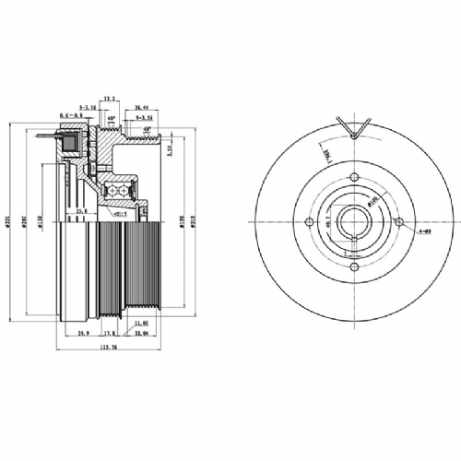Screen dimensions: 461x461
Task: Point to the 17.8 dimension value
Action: click(109, 333)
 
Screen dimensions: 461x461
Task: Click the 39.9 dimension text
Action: click(81, 333)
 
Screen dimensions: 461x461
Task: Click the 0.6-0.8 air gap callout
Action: click(68, 115)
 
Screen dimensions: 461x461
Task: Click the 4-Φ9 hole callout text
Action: click(424, 231)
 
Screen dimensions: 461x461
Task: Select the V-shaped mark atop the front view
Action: click(354, 128)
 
